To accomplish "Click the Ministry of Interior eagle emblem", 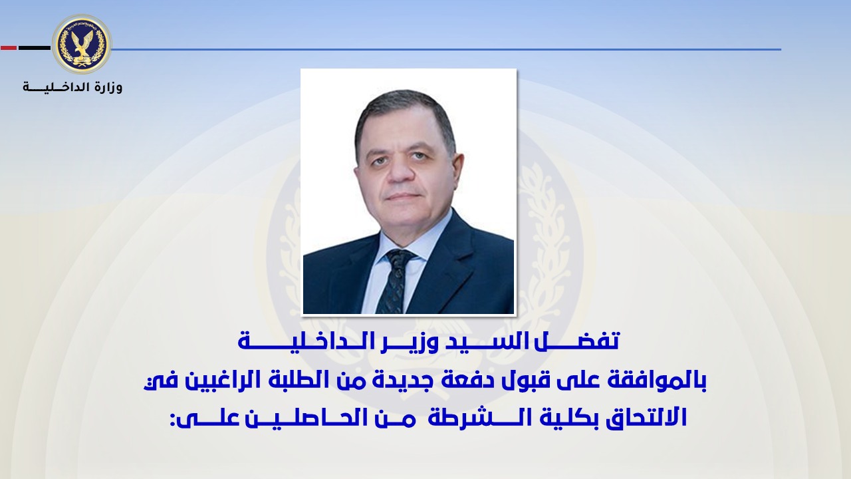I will click(x=82, y=44).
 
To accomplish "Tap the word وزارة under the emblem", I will click(x=106, y=88).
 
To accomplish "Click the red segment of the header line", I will click(x=9, y=49).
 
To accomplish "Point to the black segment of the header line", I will click(x=34, y=49).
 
